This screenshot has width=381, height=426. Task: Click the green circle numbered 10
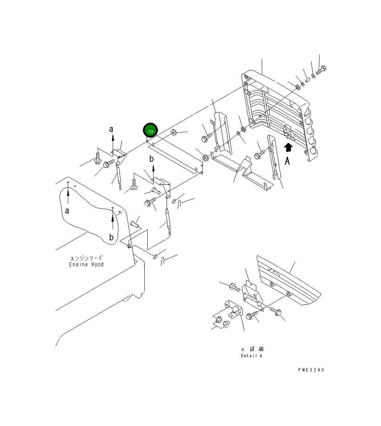click(x=150, y=131)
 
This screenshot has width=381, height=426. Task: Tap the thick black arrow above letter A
click(x=288, y=147)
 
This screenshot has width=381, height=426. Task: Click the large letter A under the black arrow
click(x=288, y=160)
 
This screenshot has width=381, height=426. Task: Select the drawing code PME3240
click(x=311, y=370)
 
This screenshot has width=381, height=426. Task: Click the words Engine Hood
click(x=86, y=265)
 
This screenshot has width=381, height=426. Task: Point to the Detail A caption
click(x=251, y=356)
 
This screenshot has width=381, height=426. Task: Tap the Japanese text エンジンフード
click(x=86, y=258)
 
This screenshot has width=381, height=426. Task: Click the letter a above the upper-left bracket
click(x=112, y=129)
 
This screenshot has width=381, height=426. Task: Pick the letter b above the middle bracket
click(x=152, y=159)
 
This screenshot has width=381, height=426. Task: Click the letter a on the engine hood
click(x=67, y=210)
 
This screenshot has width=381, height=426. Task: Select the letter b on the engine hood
click(x=112, y=238)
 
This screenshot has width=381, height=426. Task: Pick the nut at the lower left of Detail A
click(x=219, y=320)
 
